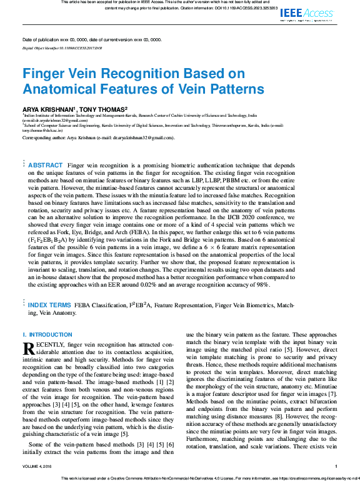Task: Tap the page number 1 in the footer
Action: point(336,466)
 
